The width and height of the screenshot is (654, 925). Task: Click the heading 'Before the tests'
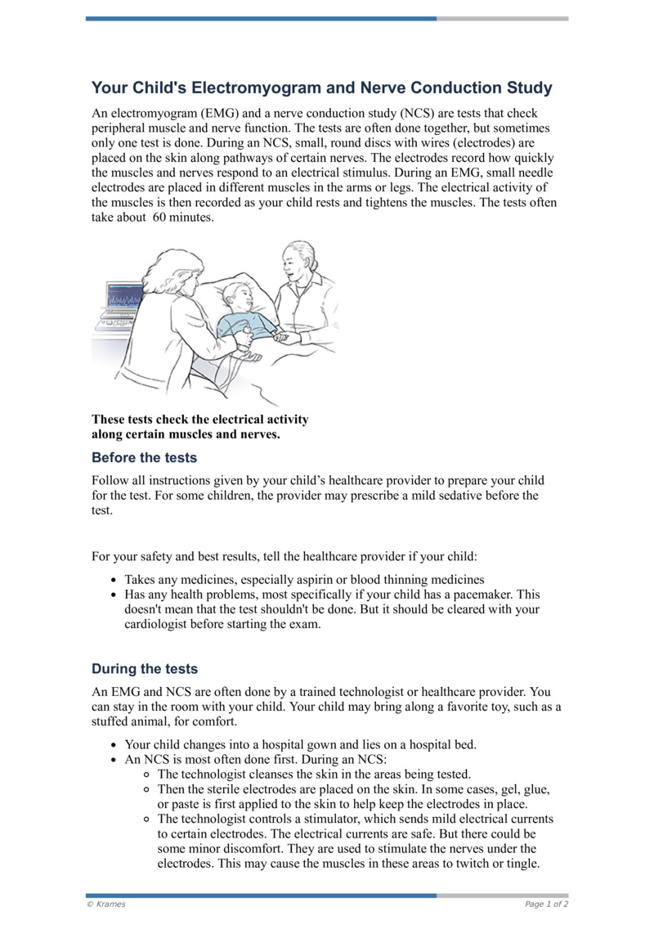coord(144,457)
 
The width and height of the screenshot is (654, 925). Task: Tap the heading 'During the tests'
coord(144,669)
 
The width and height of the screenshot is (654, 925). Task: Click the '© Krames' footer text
coord(106,905)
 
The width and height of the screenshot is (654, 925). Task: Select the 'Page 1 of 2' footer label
coord(546,905)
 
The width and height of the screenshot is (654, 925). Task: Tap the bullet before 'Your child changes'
coord(113,745)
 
